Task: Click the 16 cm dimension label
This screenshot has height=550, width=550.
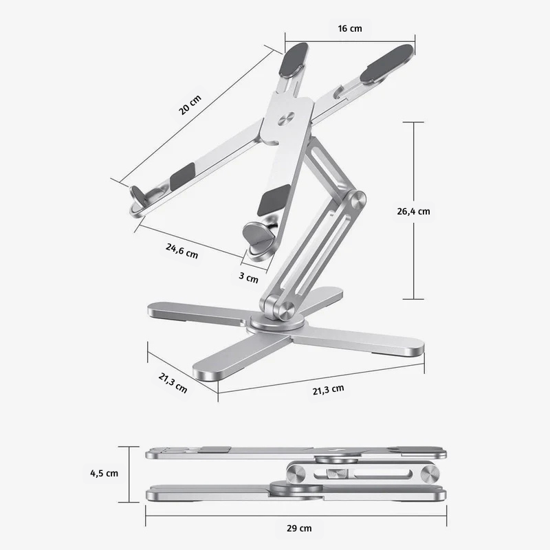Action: [x=350, y=29]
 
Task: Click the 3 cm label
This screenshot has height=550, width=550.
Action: [x=248, y=278]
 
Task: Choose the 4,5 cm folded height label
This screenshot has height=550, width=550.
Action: [x=104, y=473]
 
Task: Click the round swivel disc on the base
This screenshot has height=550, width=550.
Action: [x=274, y=322]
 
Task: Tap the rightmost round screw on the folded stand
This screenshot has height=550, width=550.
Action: [x=432, y=474]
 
